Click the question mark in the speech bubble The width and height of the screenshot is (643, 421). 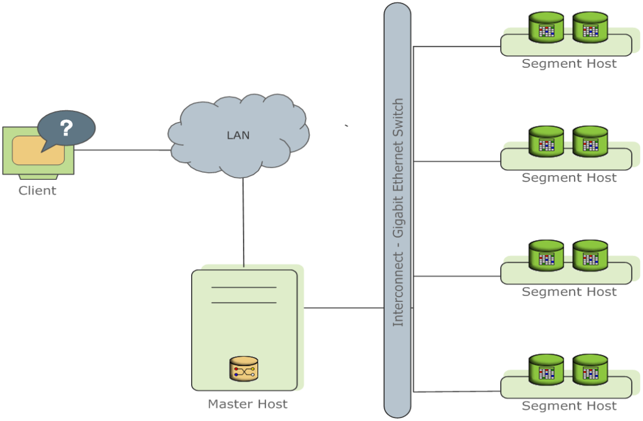tap(67, 128)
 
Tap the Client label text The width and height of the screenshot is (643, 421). tap(38, 191)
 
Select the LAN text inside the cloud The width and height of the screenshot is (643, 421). tap(238, 135)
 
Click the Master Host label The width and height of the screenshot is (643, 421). tap(248, 404)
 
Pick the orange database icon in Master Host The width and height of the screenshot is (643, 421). tap(244, 369)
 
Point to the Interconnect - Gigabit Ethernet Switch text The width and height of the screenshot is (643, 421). tap(398, 212)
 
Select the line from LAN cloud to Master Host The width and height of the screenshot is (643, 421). tap(244, 220)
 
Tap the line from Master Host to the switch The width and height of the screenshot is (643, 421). tap(344, 308)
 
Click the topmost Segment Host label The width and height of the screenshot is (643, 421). tap(569, 64)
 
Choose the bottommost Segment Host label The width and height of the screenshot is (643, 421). tap(569, 407)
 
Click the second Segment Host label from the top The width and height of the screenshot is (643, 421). tap(569, 178)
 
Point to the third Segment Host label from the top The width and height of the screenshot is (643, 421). tap(569, 292)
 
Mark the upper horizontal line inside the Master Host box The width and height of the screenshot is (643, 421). tap(244, 288)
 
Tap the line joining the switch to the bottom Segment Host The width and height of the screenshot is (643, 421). tap(457, 391)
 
